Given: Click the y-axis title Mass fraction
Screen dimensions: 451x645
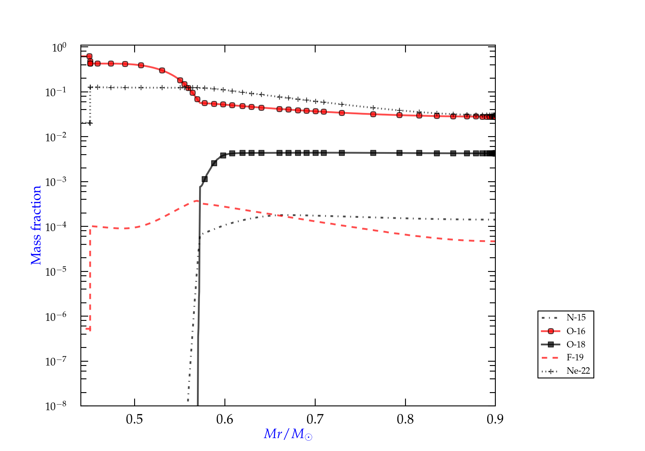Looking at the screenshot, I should [36, 225].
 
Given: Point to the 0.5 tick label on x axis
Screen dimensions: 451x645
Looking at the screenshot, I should [135, 419].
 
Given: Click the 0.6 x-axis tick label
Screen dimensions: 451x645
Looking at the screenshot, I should [225, 419].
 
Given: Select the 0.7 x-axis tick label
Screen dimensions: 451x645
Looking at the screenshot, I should [315, 419].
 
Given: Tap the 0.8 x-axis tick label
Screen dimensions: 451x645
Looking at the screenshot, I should [405, 419].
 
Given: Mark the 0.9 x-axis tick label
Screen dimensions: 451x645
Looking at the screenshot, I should [495, 419].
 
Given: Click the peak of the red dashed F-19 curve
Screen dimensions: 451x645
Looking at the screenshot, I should [196, 201].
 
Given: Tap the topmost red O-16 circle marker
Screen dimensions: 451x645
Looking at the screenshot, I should [89, 56].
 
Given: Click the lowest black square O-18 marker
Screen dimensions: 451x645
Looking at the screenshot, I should [205, 179].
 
